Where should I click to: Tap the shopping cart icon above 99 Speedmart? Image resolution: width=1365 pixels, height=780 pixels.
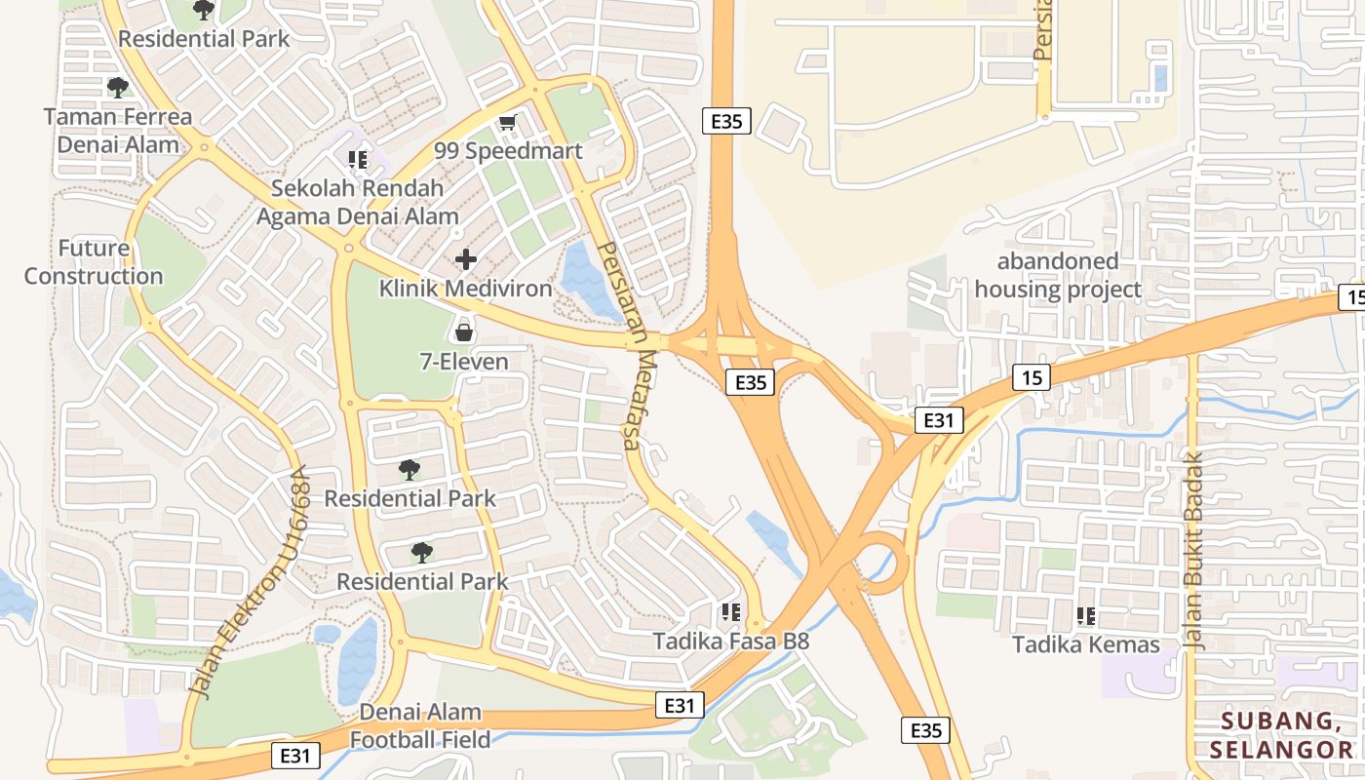[506, 123]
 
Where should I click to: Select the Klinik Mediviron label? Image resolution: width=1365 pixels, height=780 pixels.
[465, 289]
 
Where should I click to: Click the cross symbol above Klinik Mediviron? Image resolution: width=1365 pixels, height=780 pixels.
[466, 259]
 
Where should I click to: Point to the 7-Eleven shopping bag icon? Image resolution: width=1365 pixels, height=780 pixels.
[464, 332]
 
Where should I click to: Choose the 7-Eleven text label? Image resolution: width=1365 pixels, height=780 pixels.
[464, 362]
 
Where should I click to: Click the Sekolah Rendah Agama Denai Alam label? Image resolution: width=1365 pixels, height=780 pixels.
[357, 203]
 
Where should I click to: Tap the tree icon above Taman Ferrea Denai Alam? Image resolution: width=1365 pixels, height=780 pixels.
[118, 88]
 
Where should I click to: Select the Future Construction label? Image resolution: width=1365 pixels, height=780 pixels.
[94, 262]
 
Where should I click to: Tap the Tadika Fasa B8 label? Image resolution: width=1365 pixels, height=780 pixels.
[731, 642]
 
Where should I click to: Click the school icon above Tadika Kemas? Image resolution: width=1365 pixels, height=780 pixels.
[1086, 616]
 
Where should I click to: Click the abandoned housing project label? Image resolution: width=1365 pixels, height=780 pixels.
[1058, 275]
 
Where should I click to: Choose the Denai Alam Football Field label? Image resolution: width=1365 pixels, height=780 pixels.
[420, 725]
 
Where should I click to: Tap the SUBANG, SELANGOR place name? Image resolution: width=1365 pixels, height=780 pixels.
[1280, 735]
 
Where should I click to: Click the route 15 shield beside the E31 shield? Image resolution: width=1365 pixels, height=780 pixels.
[1031, 377]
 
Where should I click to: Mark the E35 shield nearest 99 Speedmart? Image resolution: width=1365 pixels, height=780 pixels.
[726, 122]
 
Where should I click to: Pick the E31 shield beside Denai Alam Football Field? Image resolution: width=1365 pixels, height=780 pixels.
[295, 755]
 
